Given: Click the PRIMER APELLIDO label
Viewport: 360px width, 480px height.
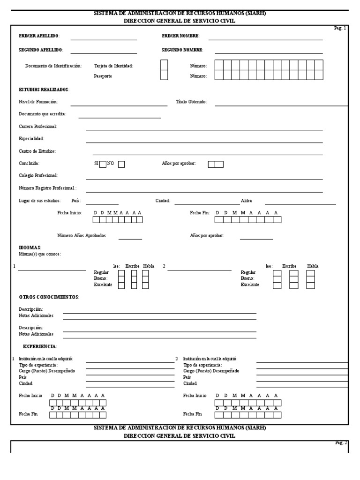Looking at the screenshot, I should click(x=38, y=36).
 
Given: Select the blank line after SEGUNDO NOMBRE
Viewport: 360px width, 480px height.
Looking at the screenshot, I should click(x=265, y=53).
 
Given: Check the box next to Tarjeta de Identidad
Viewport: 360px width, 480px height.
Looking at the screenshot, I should click(x=164, y=65).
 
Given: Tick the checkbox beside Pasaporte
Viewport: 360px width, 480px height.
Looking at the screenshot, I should click(x=164, y=75).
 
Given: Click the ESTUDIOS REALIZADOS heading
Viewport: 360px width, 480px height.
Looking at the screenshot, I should click(x=44, y=89).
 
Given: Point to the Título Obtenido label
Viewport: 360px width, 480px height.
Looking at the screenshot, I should click(x=191, y=101).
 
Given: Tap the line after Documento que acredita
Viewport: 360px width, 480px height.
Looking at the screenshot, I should click(x=120, y=118).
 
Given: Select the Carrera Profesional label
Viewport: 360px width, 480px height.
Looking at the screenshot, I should click(x=38, y=127).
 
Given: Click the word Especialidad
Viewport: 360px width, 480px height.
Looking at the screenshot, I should click(x=31, y=139).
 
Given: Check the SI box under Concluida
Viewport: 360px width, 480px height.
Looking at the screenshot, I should click(x=103, y=164).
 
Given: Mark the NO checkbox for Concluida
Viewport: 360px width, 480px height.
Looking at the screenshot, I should click(x=121, y=164).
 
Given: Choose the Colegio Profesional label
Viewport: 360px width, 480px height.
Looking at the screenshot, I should click(x=38, y=175).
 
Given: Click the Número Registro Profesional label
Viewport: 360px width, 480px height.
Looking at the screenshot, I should click(x=47, y=187).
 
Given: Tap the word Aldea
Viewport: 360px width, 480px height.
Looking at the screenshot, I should click(x=246, y=201).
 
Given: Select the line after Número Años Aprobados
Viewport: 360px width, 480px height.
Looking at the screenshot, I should click(x=130, y=239).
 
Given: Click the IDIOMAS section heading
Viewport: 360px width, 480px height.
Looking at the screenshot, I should click(x=30, y=247).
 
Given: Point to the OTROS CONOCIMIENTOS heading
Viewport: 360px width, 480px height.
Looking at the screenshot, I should click(x=49, y=297).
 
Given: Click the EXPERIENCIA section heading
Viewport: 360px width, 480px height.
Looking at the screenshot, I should click(x=40, y=346).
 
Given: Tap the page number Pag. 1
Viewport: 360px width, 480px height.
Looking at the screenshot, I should click(x=340, y=28).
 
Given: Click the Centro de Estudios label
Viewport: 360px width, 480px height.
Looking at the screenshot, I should click(x=37, y=151).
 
